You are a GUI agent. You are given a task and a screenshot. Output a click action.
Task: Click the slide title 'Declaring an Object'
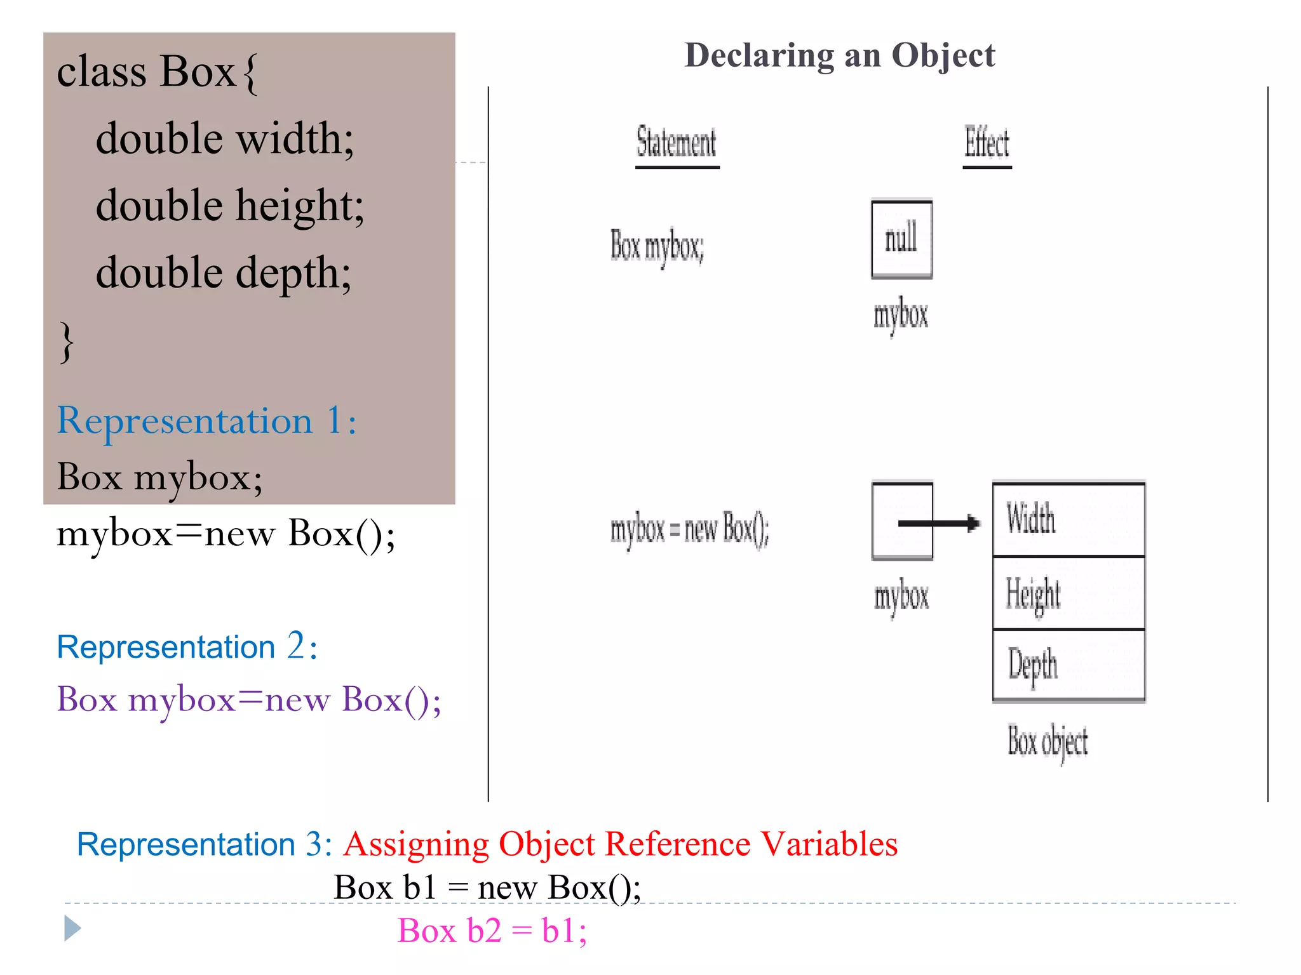(839, 55)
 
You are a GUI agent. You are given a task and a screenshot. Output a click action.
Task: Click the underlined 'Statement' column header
(677, 142)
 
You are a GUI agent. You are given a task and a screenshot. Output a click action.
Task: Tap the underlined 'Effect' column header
(987, 142)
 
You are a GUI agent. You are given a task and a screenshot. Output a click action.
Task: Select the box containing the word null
(901, 239)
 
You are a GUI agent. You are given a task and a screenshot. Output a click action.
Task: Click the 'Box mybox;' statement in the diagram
(657, 246)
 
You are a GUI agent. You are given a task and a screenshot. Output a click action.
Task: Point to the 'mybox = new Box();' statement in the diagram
(689, 529)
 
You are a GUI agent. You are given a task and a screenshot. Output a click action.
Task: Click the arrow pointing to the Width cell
(939, 523)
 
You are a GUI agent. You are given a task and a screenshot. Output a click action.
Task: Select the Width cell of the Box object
(1068, 519)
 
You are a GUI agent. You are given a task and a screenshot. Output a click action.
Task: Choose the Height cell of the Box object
(1068, 594)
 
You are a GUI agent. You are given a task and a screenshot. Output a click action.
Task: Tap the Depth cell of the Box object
(1068, 665)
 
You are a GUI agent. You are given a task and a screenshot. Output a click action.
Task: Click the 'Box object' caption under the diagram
(1048, 741)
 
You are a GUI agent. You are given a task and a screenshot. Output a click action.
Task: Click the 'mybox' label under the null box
(901, 315)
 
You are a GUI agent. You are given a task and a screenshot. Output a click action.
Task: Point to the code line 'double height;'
(230, 206)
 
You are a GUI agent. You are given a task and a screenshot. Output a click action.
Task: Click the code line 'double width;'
(225, 138)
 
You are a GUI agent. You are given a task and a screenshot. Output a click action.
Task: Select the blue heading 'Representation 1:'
(206, 421)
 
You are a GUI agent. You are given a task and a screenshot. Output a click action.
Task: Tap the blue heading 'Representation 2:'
(187, 647)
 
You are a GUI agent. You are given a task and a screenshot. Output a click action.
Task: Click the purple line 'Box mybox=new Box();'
(248, 700)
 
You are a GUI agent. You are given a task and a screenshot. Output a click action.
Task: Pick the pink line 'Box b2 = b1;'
(492, 931)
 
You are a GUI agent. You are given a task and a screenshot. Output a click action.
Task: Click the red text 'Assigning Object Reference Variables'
(620, 844)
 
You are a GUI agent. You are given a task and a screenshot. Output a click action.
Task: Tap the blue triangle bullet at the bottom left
(72, 929)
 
